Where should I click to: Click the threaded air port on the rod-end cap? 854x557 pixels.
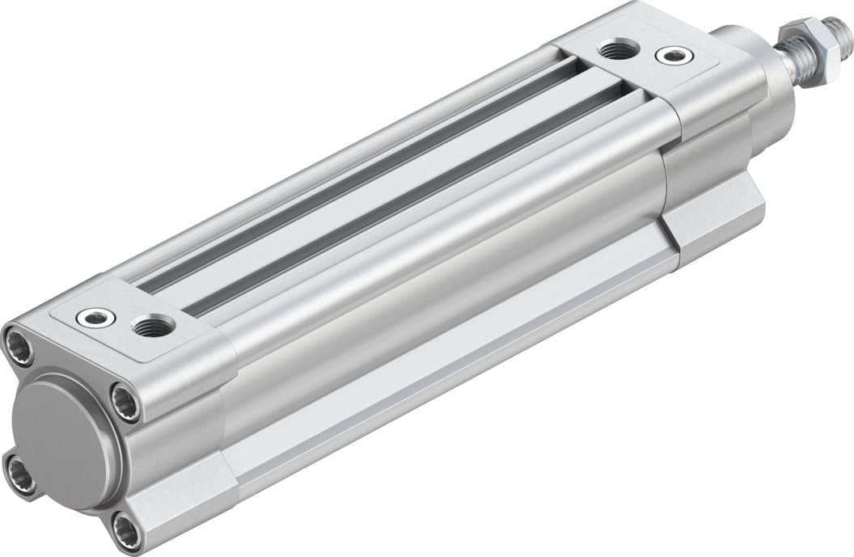click(x=616, y=50)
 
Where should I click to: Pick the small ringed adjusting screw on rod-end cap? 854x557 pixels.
click(x=673, y=56)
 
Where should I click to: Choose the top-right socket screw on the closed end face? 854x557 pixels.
click(x=125, y=402)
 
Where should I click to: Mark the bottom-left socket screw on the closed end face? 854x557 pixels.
click(x=19, y=474)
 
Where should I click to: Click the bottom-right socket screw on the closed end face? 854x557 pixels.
click(x=126, y=530)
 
